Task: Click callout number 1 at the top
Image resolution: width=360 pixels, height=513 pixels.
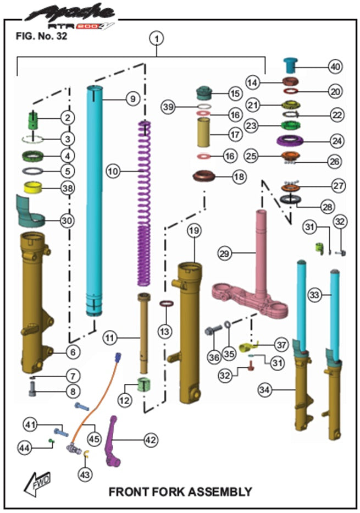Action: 157,38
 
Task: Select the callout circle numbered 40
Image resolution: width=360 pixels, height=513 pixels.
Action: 335,66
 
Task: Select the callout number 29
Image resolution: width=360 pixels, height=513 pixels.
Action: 224,254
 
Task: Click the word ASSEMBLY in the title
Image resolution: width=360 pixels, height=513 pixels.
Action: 220,492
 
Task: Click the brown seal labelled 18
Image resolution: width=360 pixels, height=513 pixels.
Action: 203,178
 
